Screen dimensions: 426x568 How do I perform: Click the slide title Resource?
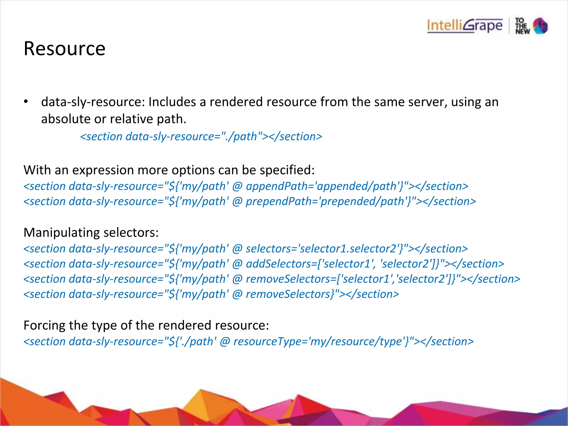pyautogui.click(x=64, y=49)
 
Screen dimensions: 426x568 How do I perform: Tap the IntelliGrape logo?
pyautogui.click(x=465, y=26)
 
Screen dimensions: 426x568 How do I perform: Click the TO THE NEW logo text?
pyautogui.click(x=522, y=26)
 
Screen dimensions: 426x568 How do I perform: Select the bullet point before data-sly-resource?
pyautogui.click(x=26, y=102)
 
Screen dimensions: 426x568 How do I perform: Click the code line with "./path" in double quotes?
pyautogui.click(x=201, y=136)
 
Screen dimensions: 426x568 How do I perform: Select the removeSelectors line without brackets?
pyautogui.click(x=211, y=294)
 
